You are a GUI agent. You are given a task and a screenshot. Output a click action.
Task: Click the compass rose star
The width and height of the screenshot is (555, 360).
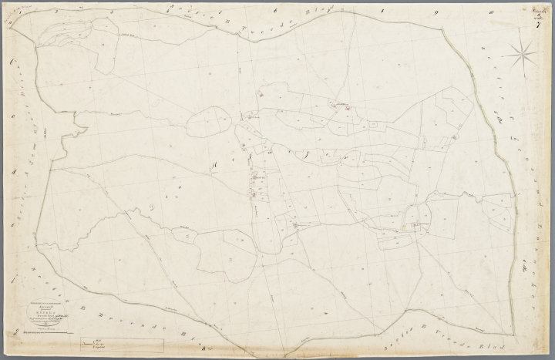(x=523, y=54)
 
